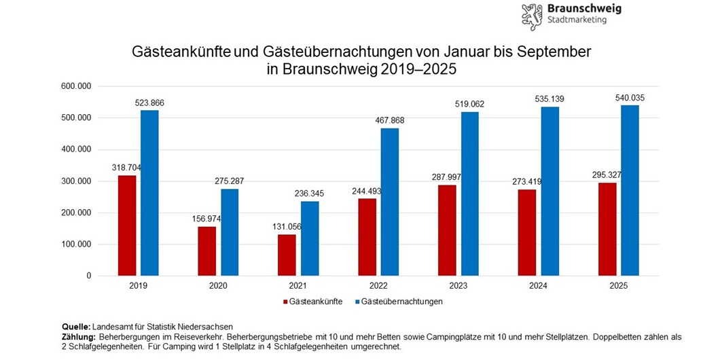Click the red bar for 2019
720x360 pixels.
point(127,226)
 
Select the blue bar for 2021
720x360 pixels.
point(310,238)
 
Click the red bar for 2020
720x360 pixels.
point(207,251)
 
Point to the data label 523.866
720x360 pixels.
point(149,103)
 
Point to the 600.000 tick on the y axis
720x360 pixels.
point(76,86)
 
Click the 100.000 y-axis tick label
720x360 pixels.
point(76,245)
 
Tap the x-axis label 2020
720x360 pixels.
point(218,287)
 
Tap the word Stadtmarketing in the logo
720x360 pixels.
point(577,20)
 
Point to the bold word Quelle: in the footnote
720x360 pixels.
point(75,327)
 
